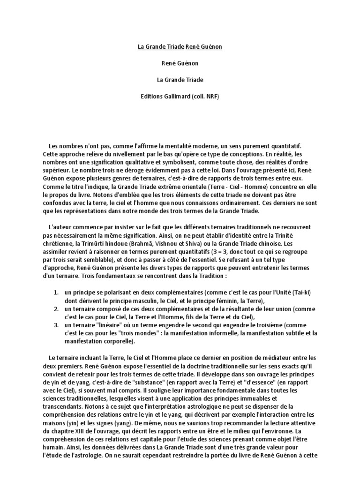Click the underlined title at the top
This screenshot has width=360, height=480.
(180, 47)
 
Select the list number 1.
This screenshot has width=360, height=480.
(55, 292)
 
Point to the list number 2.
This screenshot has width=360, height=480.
(55, 309)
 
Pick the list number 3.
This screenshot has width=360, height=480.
(55, 324)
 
